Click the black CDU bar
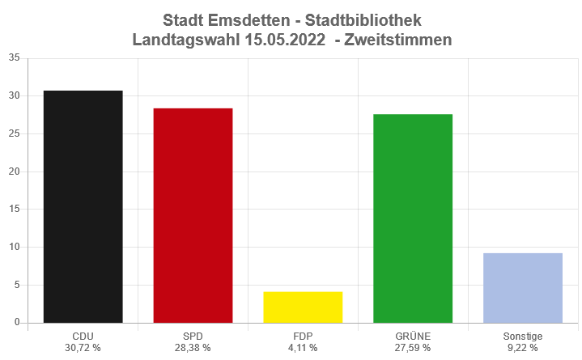pos(83,206)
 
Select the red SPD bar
pos(193,215)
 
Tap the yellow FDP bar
pos(303,307)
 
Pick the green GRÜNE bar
pos(413,218)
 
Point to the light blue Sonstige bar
pos(523,287)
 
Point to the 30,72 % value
pos(83,348)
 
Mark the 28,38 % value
pos(193,348)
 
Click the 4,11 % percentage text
pos(303,348)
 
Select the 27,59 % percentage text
pos(413,348)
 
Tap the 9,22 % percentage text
pos(523,348)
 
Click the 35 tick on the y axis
pos(14,58)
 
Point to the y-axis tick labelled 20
pos(14,172)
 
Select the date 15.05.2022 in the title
pos(283,39)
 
